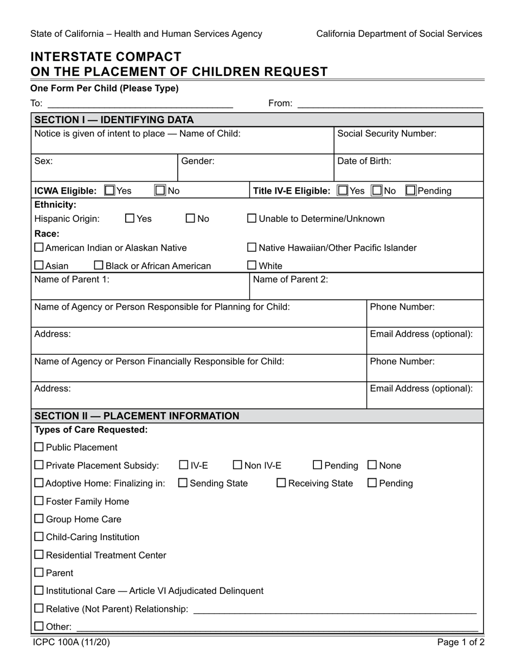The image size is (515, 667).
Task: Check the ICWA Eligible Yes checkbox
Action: [x=110, y=190]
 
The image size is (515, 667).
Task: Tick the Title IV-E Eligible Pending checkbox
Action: [x=411, y=190]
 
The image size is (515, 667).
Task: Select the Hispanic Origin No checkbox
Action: [x=190, y=219]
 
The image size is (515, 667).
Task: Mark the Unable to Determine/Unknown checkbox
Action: [x=252, y=219]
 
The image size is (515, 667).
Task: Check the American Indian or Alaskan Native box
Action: [x=39, y=248]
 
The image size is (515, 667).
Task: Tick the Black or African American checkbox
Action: [x=99, y=265]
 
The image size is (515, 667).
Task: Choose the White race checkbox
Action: [x=252, y=265]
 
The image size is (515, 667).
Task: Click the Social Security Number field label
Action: [x=387, y=133]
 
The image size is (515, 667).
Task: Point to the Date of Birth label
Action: [x=364, y=161]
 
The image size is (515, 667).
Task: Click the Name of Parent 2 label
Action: [x=291, y=279]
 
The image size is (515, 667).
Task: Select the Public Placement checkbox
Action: [x=39, y=447]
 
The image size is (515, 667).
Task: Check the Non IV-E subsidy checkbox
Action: [x=237, y=465]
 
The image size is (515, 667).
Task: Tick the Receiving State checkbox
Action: [x=281, y=483]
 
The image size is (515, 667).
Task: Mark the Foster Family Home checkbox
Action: [x=39, y=501]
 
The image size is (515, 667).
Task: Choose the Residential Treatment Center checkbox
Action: [x=39, y=555]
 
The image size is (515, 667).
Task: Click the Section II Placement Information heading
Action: [x=136, y=416]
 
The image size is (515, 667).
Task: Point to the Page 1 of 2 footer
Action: [x=461, y=643]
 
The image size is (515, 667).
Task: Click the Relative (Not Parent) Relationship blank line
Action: [x=334, y=610]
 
